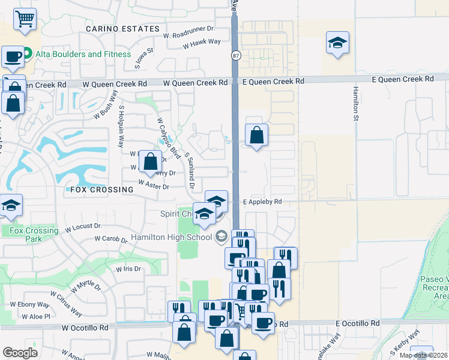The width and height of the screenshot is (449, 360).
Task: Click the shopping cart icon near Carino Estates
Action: (x=25, y=19)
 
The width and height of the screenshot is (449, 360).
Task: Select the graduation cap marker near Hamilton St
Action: (x=337, y=43)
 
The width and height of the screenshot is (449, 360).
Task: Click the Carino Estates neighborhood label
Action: (x=123, y=29)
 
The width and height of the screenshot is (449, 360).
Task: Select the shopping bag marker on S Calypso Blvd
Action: (x=151, y=161)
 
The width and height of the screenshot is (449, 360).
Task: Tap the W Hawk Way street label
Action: (x=202, y=43)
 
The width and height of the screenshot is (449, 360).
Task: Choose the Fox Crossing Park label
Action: (x=34, y=234)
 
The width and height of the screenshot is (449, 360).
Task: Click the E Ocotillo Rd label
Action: (x=358, y=323)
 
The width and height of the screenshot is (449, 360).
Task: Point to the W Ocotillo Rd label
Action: (x=85, y=328)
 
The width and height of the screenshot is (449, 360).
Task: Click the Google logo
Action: (x=20, y=353)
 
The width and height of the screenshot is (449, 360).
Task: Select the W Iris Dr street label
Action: (x=128, y=269)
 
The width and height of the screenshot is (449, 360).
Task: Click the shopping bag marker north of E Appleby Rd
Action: (x=256, y=135)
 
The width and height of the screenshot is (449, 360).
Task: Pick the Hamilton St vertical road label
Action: (x=356, y=101)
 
